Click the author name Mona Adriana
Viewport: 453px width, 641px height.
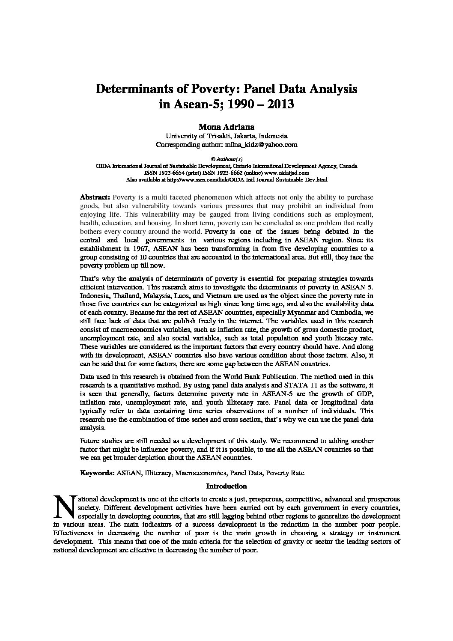[x=226, y=127]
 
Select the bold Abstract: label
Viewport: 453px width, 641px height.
[x=95, y=197]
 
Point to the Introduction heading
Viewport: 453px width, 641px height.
[x=226, y=486]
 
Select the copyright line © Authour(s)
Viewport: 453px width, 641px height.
[x=226, y=159]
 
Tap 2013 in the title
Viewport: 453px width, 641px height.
[x=280, y=104]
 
